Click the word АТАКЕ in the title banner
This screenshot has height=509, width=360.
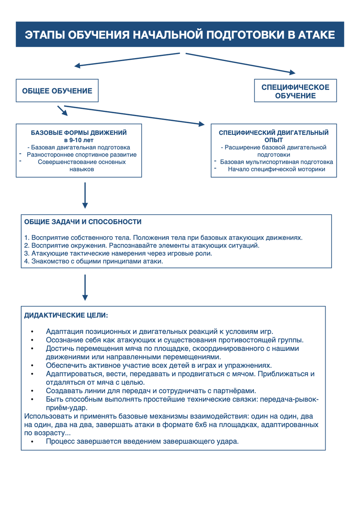click(x=314, y=35)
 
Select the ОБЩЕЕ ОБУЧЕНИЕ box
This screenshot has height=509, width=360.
click(x=57, y=91)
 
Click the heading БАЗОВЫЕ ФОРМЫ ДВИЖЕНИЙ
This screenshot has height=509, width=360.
click(x=79, y=133)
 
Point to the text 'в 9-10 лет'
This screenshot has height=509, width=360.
click(x=79, y=140)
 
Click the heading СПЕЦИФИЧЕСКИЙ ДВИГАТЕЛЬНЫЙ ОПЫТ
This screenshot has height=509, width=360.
click(x=273, y=136)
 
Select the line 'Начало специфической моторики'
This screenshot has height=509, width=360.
click(x=276, y=169)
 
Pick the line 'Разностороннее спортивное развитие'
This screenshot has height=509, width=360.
click(x=82, y=155)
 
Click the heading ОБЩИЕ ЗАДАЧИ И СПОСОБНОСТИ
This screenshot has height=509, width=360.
click(x=83, y=222)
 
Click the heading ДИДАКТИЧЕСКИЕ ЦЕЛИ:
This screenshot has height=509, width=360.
click(x=66, y=316)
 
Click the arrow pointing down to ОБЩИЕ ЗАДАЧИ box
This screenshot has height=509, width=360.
click(x=85, y=195)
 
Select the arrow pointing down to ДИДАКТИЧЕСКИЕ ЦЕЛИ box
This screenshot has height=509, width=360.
click(x=85, y=288)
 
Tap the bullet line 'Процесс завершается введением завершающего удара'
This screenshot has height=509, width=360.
click(x=142, y=442)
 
